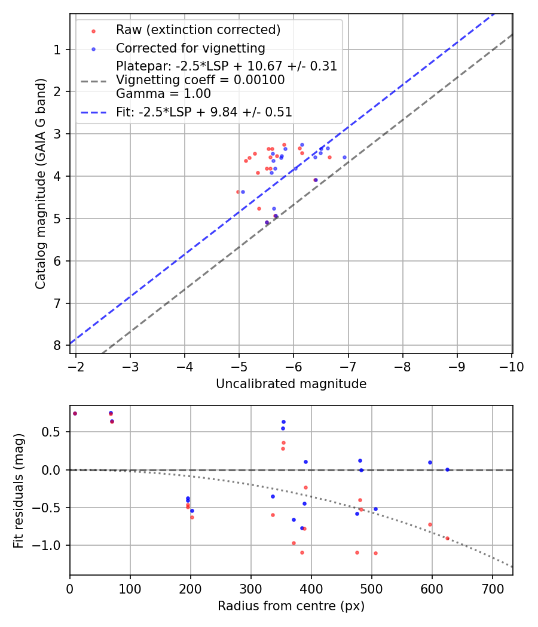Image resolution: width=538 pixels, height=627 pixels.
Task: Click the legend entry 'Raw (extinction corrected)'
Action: [198, 30]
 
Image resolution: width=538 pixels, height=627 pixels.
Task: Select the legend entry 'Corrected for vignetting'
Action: [190, 48]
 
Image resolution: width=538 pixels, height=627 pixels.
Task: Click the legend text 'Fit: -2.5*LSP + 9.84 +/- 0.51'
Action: [203, 112]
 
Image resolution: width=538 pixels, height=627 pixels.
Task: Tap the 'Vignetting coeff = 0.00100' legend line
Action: [200, 79]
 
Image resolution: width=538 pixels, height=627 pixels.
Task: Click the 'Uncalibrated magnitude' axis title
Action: [291, 384]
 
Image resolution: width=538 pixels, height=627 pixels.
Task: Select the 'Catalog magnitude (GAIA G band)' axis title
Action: [41, 183]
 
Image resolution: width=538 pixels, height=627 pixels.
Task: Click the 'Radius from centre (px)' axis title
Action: [291, 606]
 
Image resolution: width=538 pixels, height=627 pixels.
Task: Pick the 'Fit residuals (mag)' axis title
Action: [19, 490]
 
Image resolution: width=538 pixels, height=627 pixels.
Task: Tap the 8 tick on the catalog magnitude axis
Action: [57, 346]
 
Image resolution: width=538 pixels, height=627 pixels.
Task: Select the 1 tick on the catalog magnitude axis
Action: [57, 50]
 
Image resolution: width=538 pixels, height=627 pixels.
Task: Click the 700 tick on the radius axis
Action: [492, 589]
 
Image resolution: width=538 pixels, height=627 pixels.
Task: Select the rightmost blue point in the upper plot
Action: [344, 157]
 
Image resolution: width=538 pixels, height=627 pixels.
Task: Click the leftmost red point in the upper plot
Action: [238, 192]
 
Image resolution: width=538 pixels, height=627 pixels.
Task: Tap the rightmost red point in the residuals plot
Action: [447, 538]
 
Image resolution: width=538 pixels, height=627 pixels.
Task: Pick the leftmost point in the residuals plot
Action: [75, 413]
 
